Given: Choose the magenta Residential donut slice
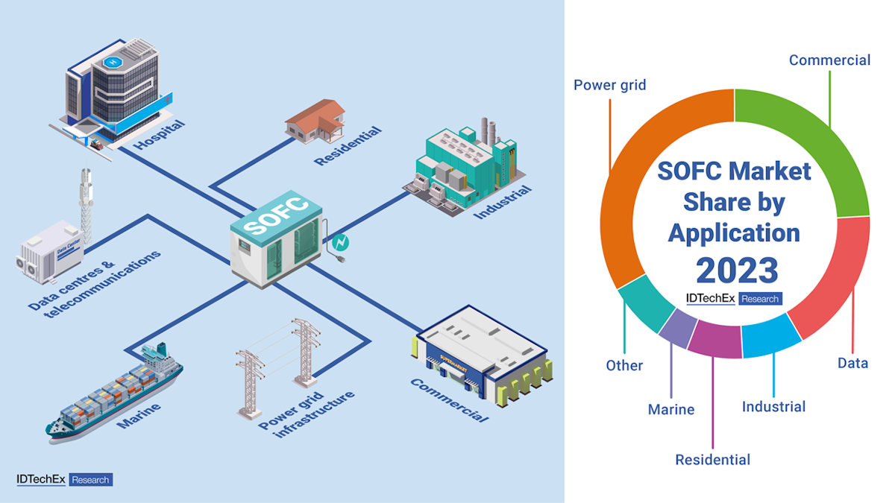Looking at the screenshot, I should coord(715,341).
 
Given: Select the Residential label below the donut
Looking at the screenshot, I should coord(712,459).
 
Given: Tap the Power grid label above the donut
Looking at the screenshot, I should coord(609,84).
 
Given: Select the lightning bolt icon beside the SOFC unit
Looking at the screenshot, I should coord(339,243).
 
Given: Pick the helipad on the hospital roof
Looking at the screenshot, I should coord(114,63).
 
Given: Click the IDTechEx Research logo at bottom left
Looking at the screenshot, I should coord(64,479).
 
